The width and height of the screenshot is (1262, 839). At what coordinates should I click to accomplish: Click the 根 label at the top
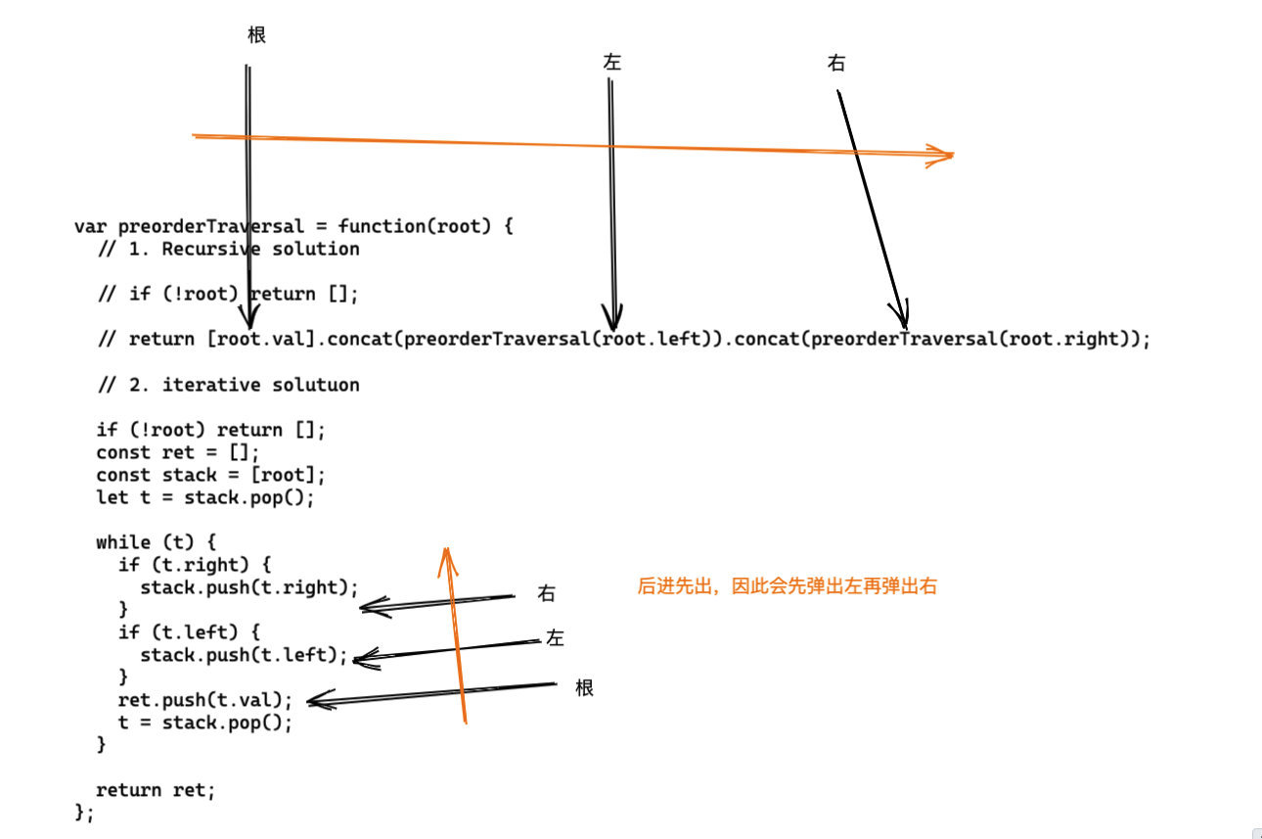coord(256,35)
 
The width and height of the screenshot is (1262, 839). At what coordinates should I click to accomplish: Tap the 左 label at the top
coord(611,62)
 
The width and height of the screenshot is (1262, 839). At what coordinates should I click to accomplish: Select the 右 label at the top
coord(836,63)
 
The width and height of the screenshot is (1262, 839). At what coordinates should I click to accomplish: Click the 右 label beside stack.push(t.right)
coord(546,593)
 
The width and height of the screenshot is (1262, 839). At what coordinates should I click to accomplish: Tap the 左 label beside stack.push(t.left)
coord(555,637)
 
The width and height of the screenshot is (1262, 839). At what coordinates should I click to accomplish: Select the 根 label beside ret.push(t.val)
coord(584,688)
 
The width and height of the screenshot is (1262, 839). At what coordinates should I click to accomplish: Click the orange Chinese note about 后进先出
coord(788,586)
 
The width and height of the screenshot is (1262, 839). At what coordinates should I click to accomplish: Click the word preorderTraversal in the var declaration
coord(210,227)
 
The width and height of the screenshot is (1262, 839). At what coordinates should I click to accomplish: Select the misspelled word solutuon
coord(315,385)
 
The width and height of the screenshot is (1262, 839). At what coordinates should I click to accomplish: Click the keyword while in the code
coord(123,542)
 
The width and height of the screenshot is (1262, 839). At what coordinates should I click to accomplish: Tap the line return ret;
coord(156,790)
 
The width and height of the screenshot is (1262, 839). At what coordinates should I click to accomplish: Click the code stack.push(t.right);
coord(249,587)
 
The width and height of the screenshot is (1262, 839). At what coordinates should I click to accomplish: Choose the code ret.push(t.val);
coord(205,700)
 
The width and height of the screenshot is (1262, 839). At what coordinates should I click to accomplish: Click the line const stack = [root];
coord(210,475)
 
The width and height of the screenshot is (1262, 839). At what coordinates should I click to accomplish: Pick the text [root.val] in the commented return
coord(261,339)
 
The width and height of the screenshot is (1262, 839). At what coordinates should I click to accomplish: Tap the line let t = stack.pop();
coord(205,497)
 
